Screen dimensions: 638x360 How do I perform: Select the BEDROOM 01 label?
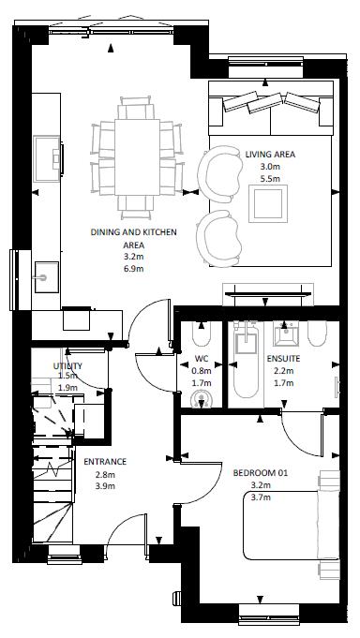click(x=259, y=473)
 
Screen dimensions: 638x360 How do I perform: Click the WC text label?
click(x=201, y=358)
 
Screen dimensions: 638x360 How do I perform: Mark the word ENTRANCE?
click(x=105, y=462)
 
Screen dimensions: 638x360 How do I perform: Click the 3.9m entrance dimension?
click(x=105, y=486)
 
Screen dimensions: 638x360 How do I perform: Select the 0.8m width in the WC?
click(x=201, y=370)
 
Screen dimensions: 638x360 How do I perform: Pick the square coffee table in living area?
click(x=268, y=204)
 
